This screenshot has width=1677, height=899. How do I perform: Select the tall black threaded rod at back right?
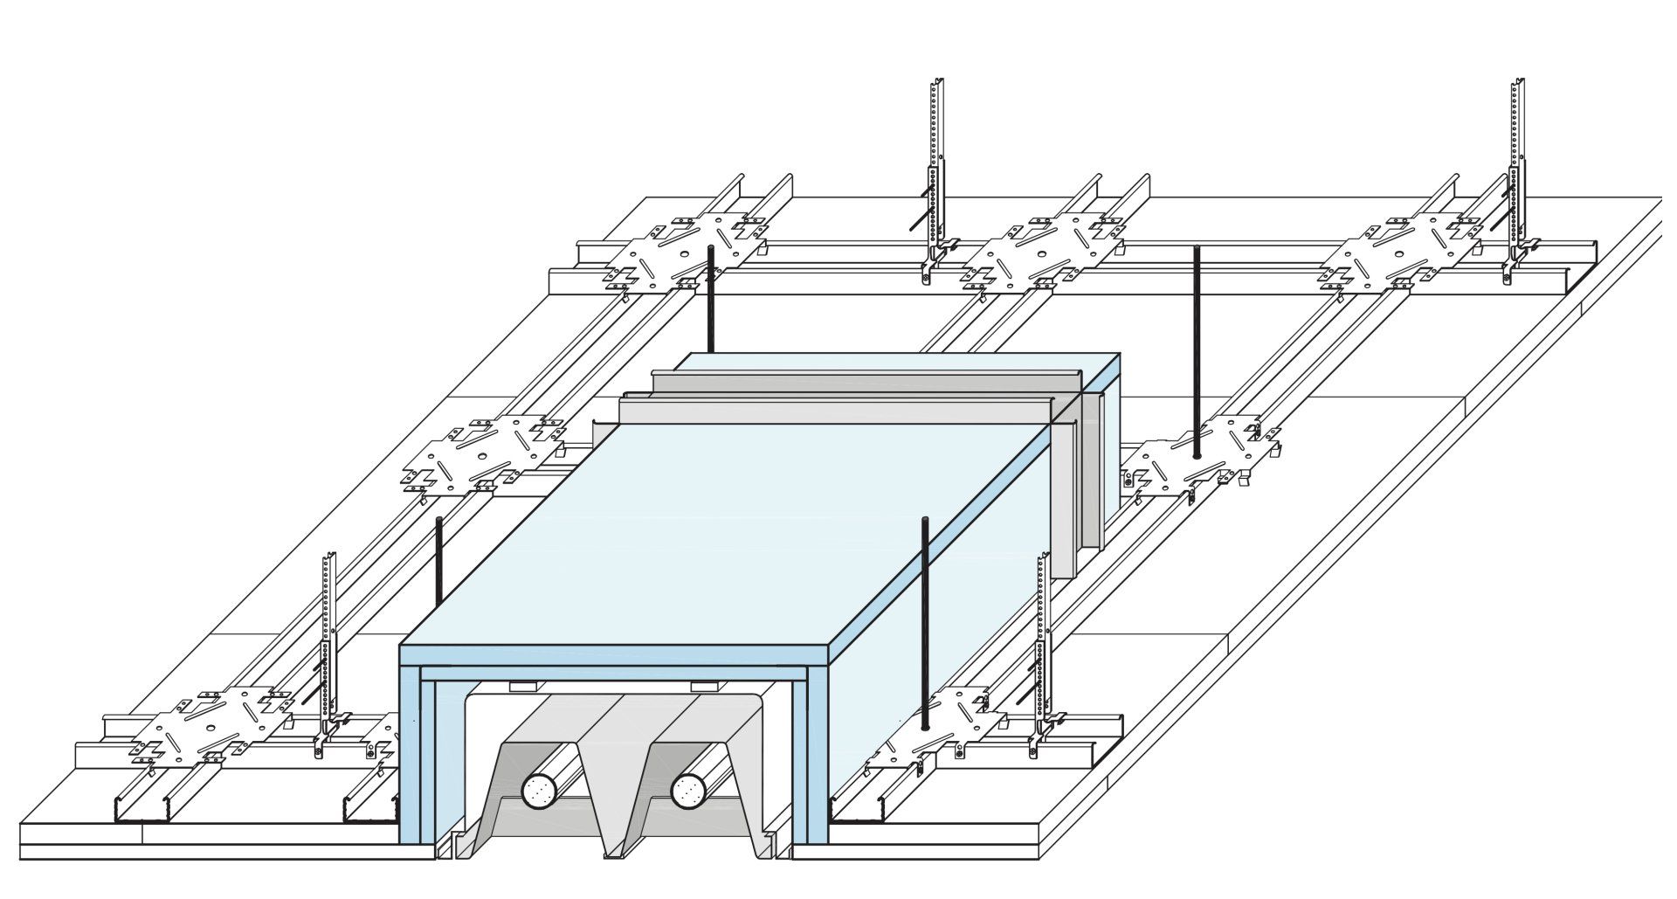tap(1196, 349)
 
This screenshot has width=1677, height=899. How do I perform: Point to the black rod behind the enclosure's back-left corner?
tap(710, 301)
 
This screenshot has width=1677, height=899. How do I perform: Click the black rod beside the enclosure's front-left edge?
tap(438, 559)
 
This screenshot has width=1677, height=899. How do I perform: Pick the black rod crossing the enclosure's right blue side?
tap(924, 612)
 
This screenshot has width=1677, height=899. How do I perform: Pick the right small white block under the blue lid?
tap(704, 686)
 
